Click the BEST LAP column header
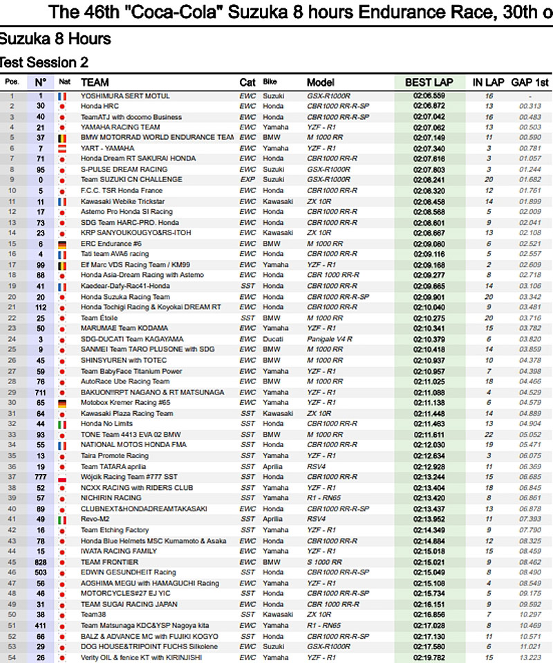(x=429, y=82)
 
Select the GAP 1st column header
(x=530, y=82)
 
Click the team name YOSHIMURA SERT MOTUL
(x=124, y=96)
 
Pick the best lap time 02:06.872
(x=429, y=106)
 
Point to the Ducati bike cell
(x=273, y=338)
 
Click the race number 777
(x=41, y=477)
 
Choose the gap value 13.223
(x=530, y=657)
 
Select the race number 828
(x=41, y=562)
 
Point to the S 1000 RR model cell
(x=324, y=562)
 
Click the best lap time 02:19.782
(x=429, y=657)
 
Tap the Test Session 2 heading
(x=44, y=62)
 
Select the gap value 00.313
(x=530, y=106)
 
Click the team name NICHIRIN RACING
(x=111, y=498)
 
